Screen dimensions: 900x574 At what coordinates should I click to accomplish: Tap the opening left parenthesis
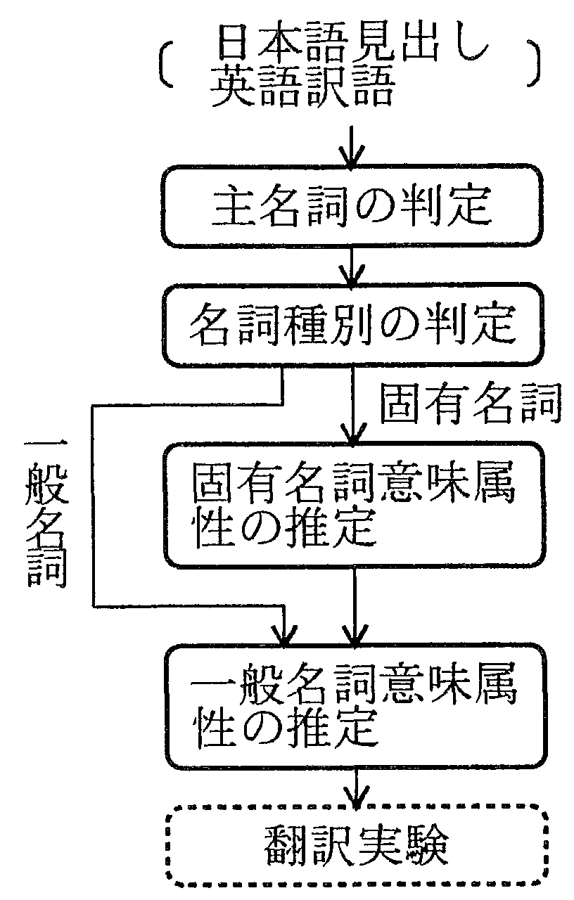click(x=165, y=65)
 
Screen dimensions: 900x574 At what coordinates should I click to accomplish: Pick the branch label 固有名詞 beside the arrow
click(x=470, y=404)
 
